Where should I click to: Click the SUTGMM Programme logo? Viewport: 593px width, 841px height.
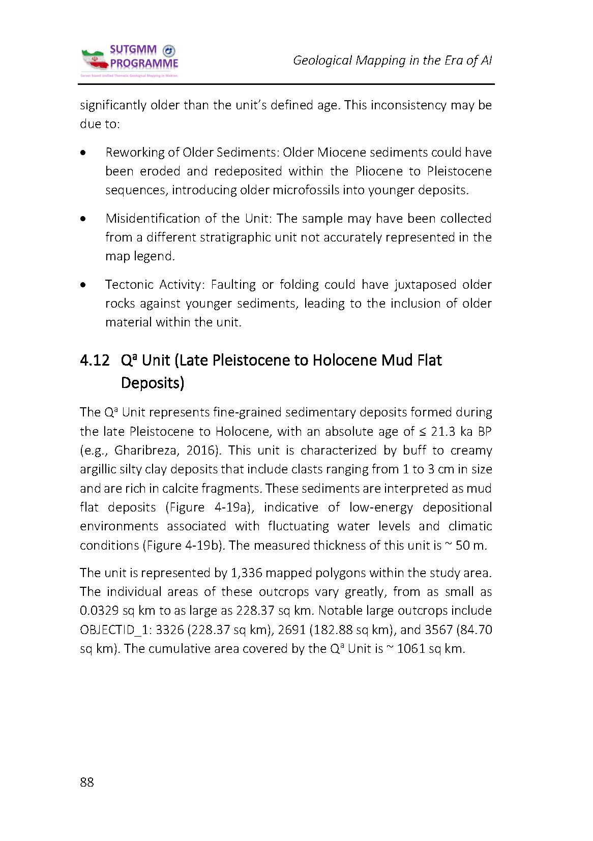[x=130, y=61]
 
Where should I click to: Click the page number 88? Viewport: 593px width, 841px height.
[x=87, y=782]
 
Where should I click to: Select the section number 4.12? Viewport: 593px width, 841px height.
[x=95, y=361]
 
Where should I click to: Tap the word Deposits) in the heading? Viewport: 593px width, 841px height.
[x=152, y=383]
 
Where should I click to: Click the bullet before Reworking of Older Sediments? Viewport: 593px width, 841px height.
[x=83, y=153]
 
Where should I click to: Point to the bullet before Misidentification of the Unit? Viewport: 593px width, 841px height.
[x=83, y=219]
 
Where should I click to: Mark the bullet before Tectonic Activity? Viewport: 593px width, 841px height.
[x=83, y=285]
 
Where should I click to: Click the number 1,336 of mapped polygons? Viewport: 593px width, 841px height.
[x=246, y=573]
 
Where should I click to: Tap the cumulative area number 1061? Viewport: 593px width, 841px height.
[x=411, y=649]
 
